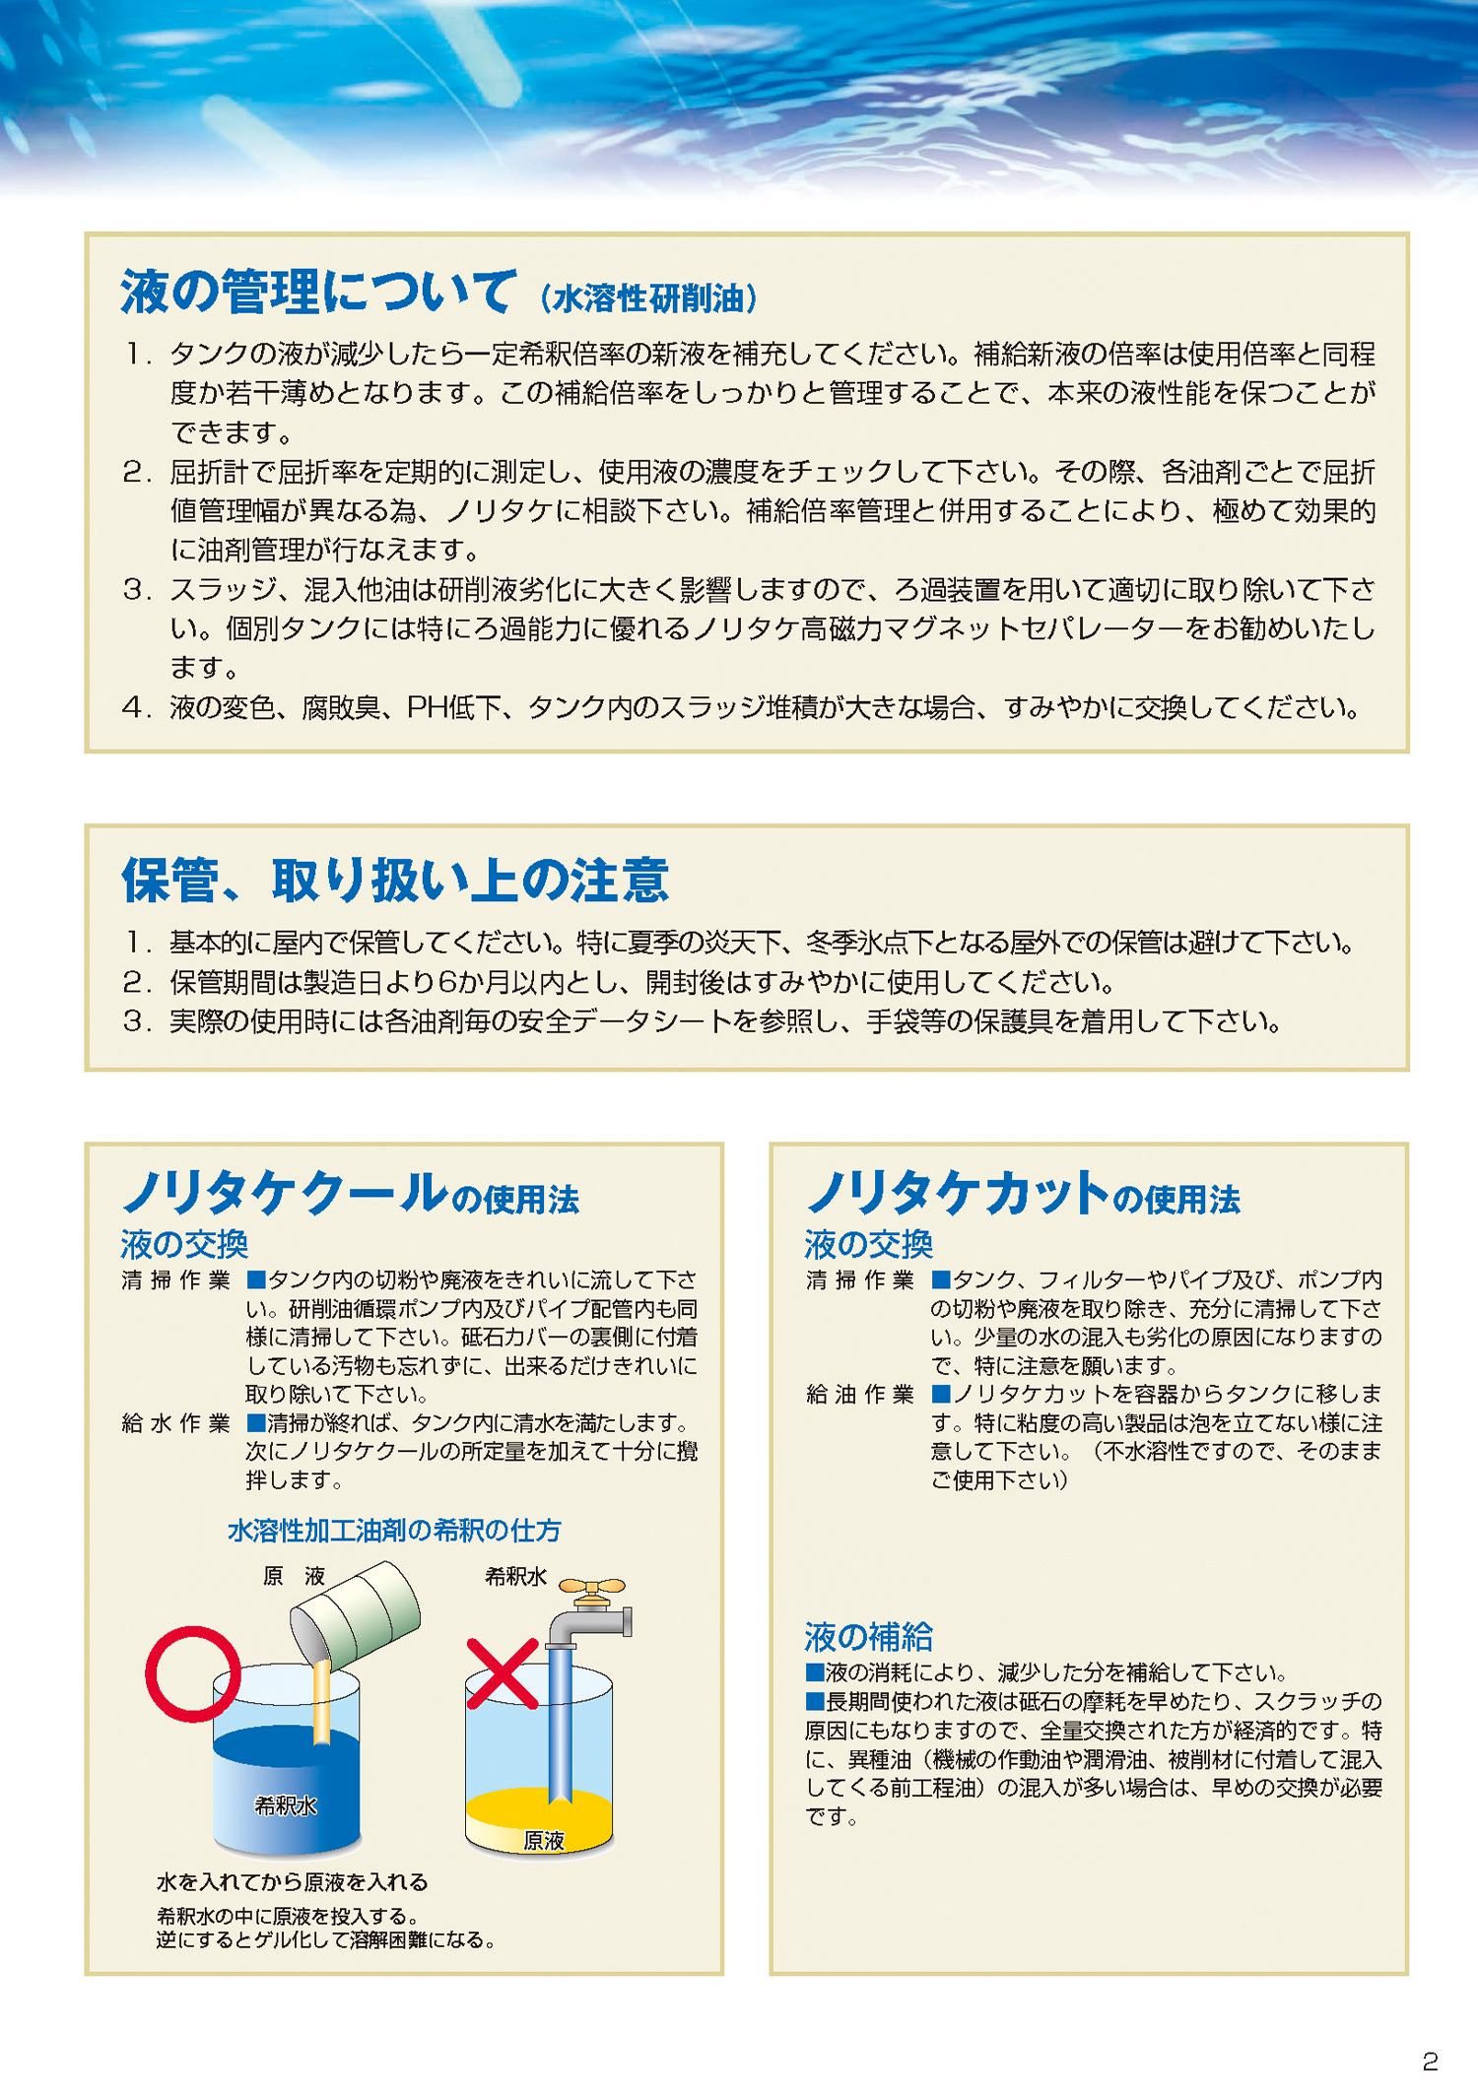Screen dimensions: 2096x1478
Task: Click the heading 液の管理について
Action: tap(317, 292)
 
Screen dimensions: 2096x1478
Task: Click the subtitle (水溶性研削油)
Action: tap(649, 297)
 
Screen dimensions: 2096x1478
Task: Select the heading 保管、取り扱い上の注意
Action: tap(395, 880)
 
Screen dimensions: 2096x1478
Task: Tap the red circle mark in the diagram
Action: tap(193, 1673)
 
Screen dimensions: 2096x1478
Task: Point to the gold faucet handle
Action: tap(591, 1586)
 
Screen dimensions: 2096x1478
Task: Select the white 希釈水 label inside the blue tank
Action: tap(286, 1805)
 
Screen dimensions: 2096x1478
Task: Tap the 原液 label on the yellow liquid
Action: tap(543, 1840)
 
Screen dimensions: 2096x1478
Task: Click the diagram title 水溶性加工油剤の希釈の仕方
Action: tap(394, 1530)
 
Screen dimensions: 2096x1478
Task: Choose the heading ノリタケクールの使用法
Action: tap(350, 1194)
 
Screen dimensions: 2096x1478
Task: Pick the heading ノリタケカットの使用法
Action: tap(1023, 1194)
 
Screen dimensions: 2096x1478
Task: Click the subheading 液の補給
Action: tap(868, 1637)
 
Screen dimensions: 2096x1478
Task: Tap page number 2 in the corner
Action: tap(1430, 2061)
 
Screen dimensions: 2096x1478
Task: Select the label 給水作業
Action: tap(175, 1423)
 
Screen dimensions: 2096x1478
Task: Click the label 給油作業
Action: tap(860, 1394)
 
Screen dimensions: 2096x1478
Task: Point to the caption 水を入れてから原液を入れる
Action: tap(292, 1882)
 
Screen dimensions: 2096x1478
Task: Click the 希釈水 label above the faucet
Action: tap(515, 1576)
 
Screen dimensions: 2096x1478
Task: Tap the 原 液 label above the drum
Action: tap(294, 1576)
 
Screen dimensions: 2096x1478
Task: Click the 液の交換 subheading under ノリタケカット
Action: tap(868, 1244)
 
